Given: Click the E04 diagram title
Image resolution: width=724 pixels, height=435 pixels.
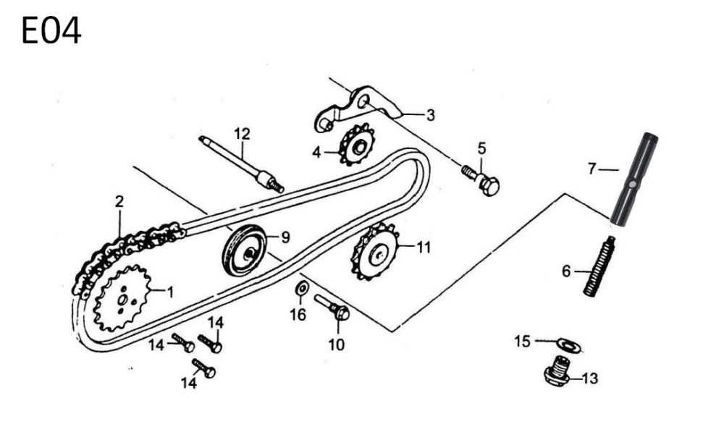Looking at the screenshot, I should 51,32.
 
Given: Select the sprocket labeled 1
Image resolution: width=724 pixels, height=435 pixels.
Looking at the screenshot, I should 123,297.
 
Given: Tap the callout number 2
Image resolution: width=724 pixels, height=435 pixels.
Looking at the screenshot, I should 119,202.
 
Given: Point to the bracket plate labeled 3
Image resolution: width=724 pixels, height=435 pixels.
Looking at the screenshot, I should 362,107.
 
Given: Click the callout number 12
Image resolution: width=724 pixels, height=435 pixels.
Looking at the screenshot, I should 241,133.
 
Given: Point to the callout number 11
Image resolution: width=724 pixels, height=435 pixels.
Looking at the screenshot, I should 423,247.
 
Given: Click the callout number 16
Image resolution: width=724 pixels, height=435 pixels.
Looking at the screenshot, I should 298,315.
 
